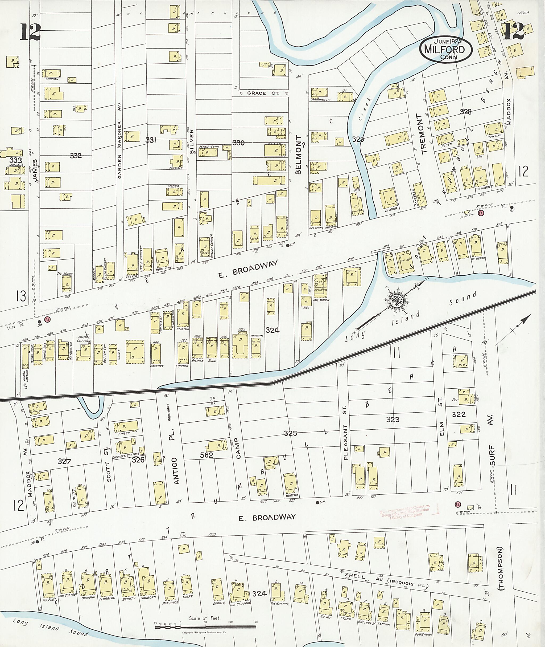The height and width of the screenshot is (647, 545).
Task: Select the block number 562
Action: [207, 455]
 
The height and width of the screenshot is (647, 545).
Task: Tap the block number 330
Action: [238, 143]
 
